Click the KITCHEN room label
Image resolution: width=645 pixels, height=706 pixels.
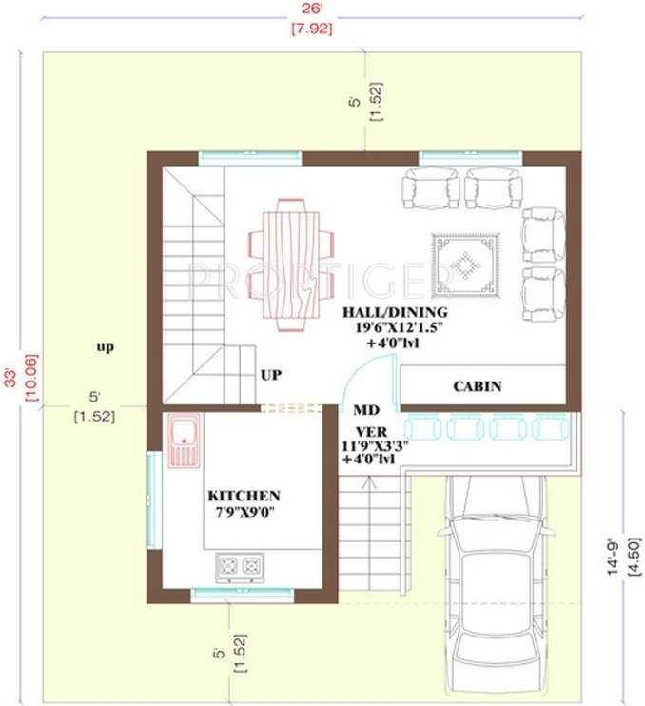(x=244, y=496)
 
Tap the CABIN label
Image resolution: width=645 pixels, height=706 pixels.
(x=477, y=386)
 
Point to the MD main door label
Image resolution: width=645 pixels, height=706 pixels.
(x=366, y=411)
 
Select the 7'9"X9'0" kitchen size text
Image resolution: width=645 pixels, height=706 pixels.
(x=244, y=513)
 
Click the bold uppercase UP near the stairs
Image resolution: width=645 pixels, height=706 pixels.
(x=272, y=375)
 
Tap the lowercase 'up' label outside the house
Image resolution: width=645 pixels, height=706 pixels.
(x=105, y=347)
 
